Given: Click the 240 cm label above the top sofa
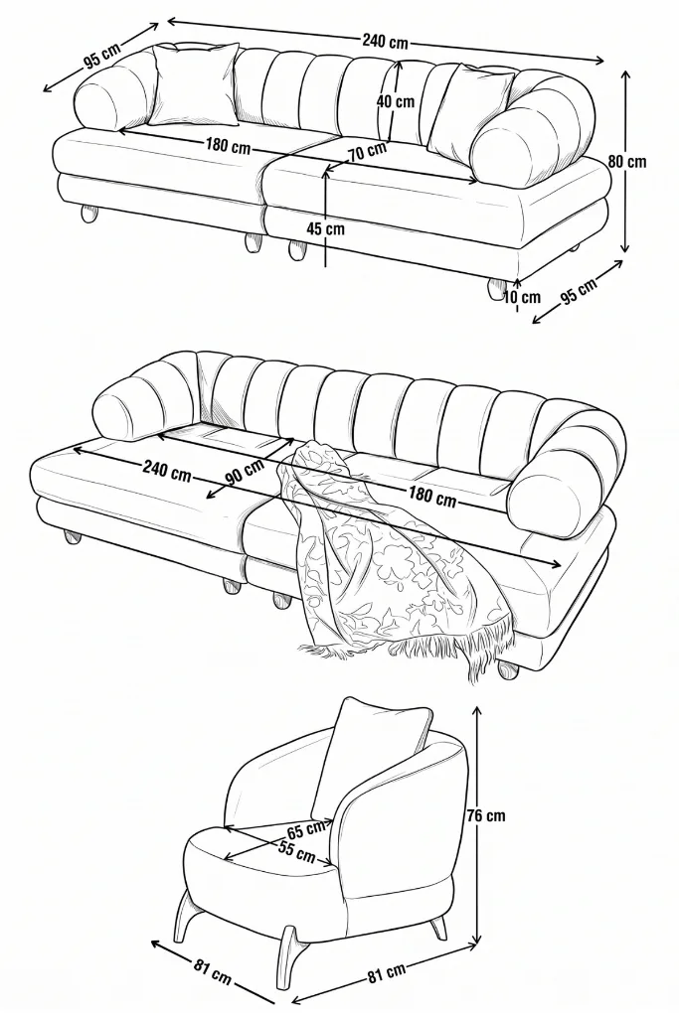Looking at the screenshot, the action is tap(385, 42).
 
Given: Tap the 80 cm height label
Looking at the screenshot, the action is tap(627, 160).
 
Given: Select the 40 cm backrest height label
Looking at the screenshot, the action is tap(396, 101).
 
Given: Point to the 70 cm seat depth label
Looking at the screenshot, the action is tap(367, 153).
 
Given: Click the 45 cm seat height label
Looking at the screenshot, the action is tap(326, 228).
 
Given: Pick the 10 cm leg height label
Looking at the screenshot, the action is tap(521, 297).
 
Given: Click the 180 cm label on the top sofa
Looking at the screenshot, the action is tap(228, 145).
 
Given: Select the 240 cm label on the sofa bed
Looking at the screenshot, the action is tap(167, 471).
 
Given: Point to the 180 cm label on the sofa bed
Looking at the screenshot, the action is tap(431, 497).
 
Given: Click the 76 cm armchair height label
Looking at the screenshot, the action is tap(485, 814).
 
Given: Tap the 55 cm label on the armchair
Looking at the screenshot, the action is tap(297, 851).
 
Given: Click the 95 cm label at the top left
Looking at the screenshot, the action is tap(102, 57).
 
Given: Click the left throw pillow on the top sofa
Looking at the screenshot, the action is tap(193, 84).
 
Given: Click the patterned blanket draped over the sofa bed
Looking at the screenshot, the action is tap(390, 558).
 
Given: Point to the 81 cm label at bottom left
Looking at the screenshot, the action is tap(213, 969).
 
